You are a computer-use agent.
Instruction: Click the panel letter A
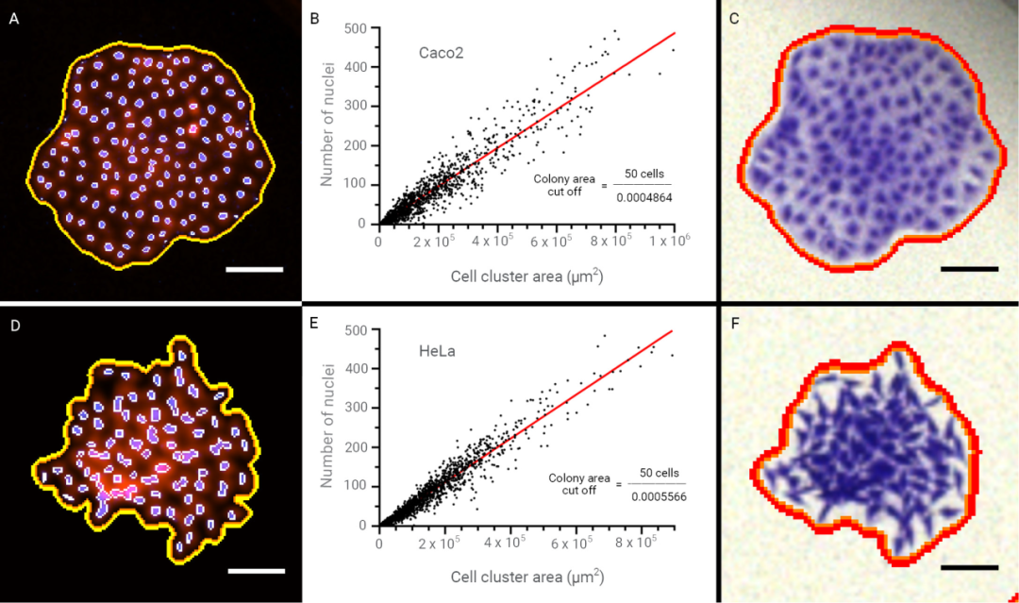point(13,19)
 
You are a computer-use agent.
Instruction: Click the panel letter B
point(315,19)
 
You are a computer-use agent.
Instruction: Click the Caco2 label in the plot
point(441,53)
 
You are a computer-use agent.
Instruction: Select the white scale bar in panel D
point(256,570)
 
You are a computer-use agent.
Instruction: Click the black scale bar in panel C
point(969,269)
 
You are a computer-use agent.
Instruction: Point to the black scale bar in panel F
point(969,567)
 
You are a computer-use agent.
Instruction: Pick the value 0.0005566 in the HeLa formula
point(658,496)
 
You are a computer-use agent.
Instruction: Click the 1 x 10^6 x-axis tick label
point(672,241)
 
